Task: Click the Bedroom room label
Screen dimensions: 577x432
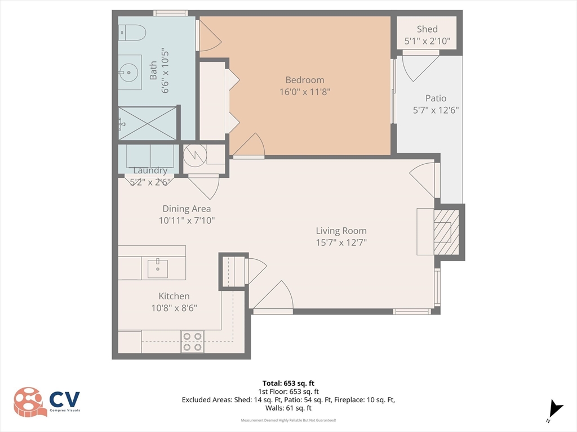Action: click(x=305, y=80)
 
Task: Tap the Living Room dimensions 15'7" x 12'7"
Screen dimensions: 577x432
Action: click(x=341, y=242)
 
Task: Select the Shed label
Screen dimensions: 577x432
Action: click(x=427, y=29)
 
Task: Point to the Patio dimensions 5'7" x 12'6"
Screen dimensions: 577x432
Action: click(x=436, y=110)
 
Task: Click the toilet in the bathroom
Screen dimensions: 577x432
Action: click(x=132, y=32)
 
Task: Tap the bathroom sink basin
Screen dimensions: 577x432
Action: click(x=129, y=73)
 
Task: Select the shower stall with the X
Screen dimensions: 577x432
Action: click(x=148, y=123)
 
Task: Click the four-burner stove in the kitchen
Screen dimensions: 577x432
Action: click(x=192, y=341)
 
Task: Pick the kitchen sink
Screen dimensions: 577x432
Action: click(x=158, y=268)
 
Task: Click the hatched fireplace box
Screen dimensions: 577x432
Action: click(x=446, y=232)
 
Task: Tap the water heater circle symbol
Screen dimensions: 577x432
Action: click(x=195, y=156)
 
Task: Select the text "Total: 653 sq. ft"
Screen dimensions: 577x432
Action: click(x=288, y=384)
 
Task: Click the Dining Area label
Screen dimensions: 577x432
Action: click(x=187, y=209)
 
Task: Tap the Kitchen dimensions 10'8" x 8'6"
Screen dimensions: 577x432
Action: click(x=174, y=308)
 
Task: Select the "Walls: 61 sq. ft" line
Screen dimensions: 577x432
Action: click(x=288, y=408)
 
